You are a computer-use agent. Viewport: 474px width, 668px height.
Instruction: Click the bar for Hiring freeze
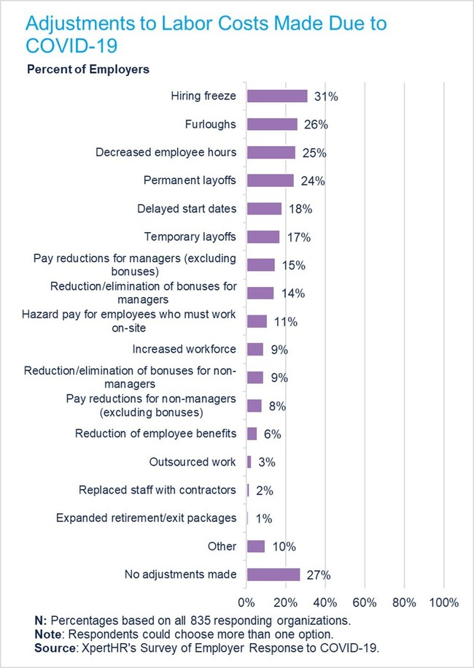277,96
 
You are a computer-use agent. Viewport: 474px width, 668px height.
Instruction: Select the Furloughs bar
272,124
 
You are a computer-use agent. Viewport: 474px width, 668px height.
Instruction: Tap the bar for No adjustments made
273,575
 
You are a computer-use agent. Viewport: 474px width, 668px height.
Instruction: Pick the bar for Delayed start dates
264,209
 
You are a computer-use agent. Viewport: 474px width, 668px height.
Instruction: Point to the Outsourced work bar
249,462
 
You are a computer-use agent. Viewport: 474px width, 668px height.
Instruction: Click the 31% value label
323,96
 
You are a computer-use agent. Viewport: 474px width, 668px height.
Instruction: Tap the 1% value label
263,518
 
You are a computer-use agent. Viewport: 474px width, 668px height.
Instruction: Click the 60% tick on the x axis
364,603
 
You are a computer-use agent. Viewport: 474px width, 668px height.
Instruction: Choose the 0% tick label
246,603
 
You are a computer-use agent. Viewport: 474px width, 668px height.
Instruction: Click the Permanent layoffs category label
191,180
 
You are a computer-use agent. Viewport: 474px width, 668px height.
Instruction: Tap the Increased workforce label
184,349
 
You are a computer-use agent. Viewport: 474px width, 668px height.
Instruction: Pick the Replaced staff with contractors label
158,490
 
